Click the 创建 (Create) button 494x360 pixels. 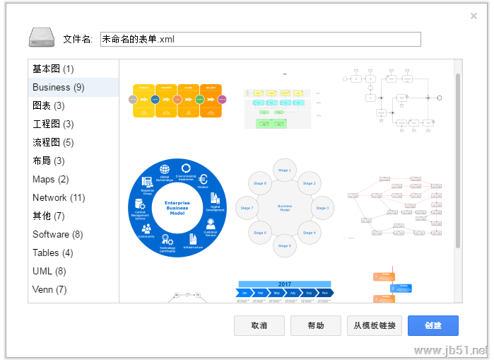[x=433, y=325]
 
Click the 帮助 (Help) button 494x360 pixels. [x=316, y=325]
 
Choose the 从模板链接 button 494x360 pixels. [x=375, y=325]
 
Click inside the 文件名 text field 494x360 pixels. [x=260, y=40]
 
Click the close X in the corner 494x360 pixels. [x=474, y=16]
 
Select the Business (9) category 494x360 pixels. [x=59, y=87]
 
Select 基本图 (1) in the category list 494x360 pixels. [x=53, y=69]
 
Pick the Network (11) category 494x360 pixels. [x=59, y=197]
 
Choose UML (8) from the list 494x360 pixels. [x=49, y=271]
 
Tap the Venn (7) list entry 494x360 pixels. [x=50, y=289]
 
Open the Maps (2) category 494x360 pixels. [x=51, y=179]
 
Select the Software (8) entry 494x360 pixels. [x=58, y=234]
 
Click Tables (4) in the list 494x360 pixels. [x=53, y=252]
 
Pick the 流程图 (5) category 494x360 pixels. [x=53, y=142]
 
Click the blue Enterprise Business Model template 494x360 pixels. [x=177, y=207]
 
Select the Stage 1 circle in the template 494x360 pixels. [x=284, y=170]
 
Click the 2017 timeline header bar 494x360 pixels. [x=284, y=284]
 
